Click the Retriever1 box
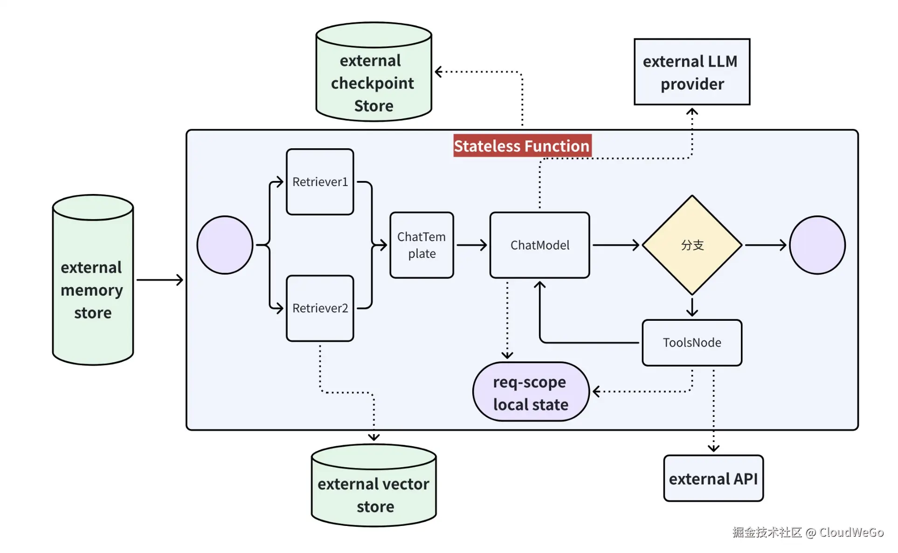tap(320, 182)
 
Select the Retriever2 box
tap(320, 308)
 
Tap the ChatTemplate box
tap(421, 245)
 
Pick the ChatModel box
tap(539, 245)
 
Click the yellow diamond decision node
tap(692, 245)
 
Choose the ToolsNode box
tap(692, 343)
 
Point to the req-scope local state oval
tap(531, 392)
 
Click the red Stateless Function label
tap(522, 146)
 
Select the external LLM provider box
tap(692, 72)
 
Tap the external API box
tap(713, 479)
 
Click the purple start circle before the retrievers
tap(225, 245)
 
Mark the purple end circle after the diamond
tap(817, 245)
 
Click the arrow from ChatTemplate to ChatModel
tap(472, 245)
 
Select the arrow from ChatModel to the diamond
tap(615, 245)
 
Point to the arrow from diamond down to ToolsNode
tap(692, 307)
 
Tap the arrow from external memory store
tap(159, 280)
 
